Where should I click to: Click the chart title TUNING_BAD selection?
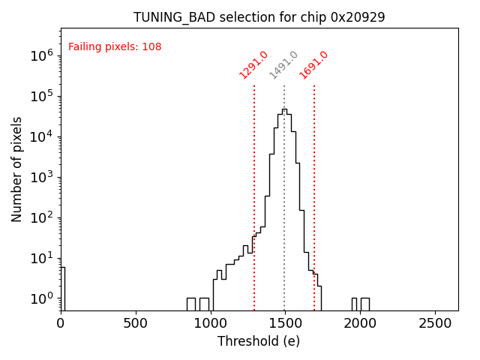(259, 17)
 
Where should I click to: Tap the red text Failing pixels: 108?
(115, 47)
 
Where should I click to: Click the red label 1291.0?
(253, 65)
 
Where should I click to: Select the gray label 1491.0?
(283, 65)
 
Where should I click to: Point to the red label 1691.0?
(313, 65)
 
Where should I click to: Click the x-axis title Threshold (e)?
(259, 341)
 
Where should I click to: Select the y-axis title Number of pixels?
(17, 169)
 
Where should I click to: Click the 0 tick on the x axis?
(61, 323)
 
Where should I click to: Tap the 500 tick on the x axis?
(136, 323)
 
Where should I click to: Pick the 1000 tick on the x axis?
(211, 323)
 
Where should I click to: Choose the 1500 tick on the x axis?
(285, 323)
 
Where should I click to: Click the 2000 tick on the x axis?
(360, 323)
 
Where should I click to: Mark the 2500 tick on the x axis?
(435, 323)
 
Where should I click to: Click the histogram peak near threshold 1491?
(284, 110)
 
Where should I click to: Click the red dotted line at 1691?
(314, 187)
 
